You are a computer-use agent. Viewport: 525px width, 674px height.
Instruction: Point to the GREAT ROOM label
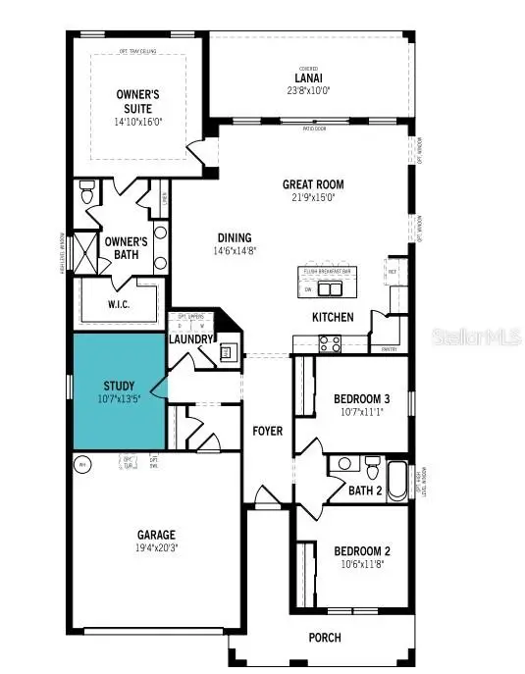click(313, 184)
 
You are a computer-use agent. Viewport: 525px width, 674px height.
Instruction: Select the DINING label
click(236, 237)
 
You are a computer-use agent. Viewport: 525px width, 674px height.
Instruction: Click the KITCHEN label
click(332, 318)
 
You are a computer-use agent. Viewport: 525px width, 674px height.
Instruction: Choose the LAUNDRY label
click(191, 339)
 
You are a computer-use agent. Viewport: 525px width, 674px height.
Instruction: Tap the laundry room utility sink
click(227, 352)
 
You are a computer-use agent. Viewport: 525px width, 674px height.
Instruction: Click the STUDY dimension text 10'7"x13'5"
click(119, 399)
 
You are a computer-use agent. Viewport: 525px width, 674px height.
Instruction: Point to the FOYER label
click(268, 431)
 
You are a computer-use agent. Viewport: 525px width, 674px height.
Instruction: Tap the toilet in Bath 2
click(372, 463)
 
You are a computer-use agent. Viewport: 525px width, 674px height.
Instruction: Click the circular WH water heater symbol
click(83, 465)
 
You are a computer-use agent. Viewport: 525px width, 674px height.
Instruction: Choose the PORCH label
click(325, 638)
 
